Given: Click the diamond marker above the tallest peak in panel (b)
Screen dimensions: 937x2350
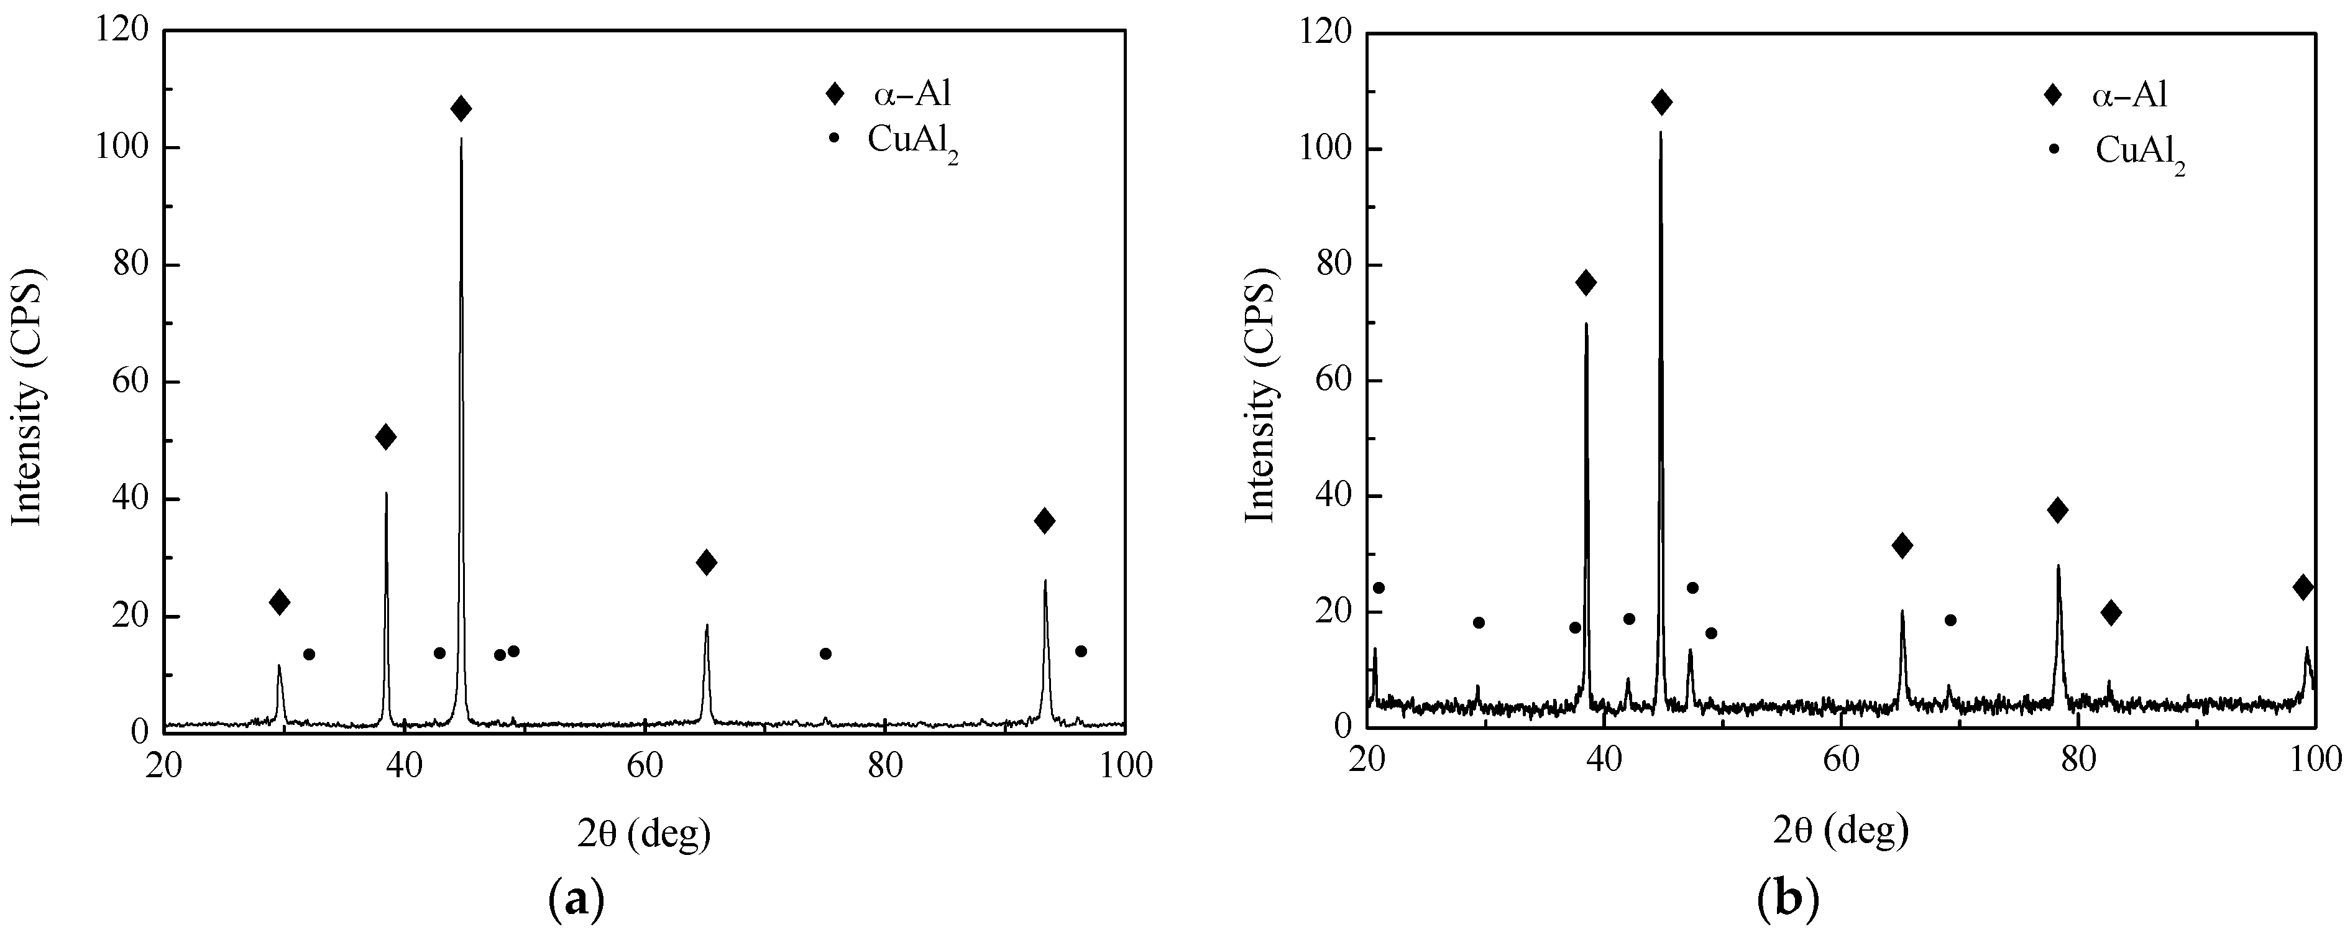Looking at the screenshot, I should tap(1661, 102).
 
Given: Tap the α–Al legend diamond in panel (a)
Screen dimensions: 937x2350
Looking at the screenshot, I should tap(834, 93).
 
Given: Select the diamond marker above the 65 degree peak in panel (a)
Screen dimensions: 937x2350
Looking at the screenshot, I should tap(706, 563).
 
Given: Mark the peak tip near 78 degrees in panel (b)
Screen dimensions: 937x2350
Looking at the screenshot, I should tap(2058, 566).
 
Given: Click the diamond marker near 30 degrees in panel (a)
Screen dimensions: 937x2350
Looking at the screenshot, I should tap(279, 602).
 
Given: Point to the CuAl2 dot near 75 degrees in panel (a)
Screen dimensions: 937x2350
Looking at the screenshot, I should tap(825, 653).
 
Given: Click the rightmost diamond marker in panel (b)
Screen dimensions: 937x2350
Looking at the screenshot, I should tap(2303, 588).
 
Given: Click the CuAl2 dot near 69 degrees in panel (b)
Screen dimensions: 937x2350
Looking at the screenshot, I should tap(1950, 621).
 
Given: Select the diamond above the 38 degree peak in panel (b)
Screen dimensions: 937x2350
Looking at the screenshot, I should tap(1586, 283).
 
